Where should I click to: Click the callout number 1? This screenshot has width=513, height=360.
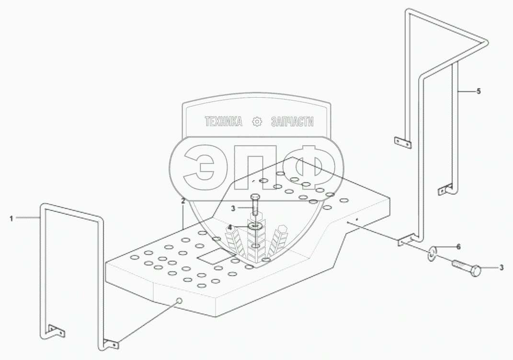[x=11, y=218]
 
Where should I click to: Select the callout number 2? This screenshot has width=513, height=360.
[x=182, y=202]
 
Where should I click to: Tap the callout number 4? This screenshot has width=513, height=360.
[x=230, y=227]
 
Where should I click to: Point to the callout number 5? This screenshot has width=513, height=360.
[x=479, y=91]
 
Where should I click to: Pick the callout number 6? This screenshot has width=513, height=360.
[x=458, y=247]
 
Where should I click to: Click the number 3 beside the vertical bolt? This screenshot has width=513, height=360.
[x=233, y=208]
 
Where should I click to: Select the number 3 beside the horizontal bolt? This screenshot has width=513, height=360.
[x=501, y=268]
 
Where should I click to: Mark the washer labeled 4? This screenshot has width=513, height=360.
[x=255, y=226]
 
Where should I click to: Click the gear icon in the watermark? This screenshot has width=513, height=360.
[x=257, y=122]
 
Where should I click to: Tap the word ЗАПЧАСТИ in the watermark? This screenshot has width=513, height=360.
[x=292, y=122]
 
